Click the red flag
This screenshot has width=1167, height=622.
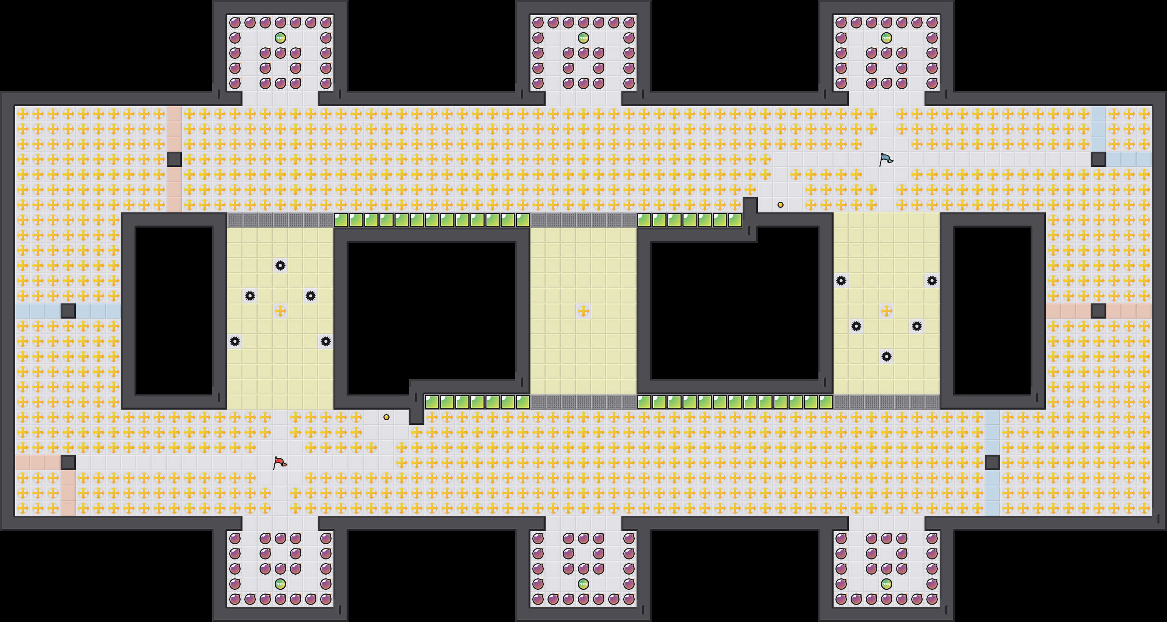click(x=280, y=463)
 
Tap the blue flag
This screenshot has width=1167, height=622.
click(x=886, y=160)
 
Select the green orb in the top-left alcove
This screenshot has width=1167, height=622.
click(x=280, y=38)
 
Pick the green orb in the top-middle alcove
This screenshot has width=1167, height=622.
click(x=583, y=38)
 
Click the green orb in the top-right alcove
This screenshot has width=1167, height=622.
click(x=887, y=38)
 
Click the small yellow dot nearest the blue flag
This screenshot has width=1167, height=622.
click(x=781, y=205)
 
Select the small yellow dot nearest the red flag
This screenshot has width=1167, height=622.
click(x=386, y=417)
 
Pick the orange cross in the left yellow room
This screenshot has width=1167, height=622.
click(x=280, y=311)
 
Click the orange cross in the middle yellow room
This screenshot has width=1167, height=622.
click(x=583, y=311)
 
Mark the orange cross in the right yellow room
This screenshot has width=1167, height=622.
click(x=887, y=311)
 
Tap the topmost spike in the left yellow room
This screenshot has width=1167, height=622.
click(x=280, y=265)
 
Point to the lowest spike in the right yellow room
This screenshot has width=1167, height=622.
click(x=887, y=357)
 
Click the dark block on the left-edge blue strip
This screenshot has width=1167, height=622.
click(x=68, y=311)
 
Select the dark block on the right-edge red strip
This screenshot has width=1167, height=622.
click(x=1098, y=311)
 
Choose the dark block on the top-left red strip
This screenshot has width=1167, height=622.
click(x=174, y=160)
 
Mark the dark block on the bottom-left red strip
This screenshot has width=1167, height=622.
click(x=68, y=463)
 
